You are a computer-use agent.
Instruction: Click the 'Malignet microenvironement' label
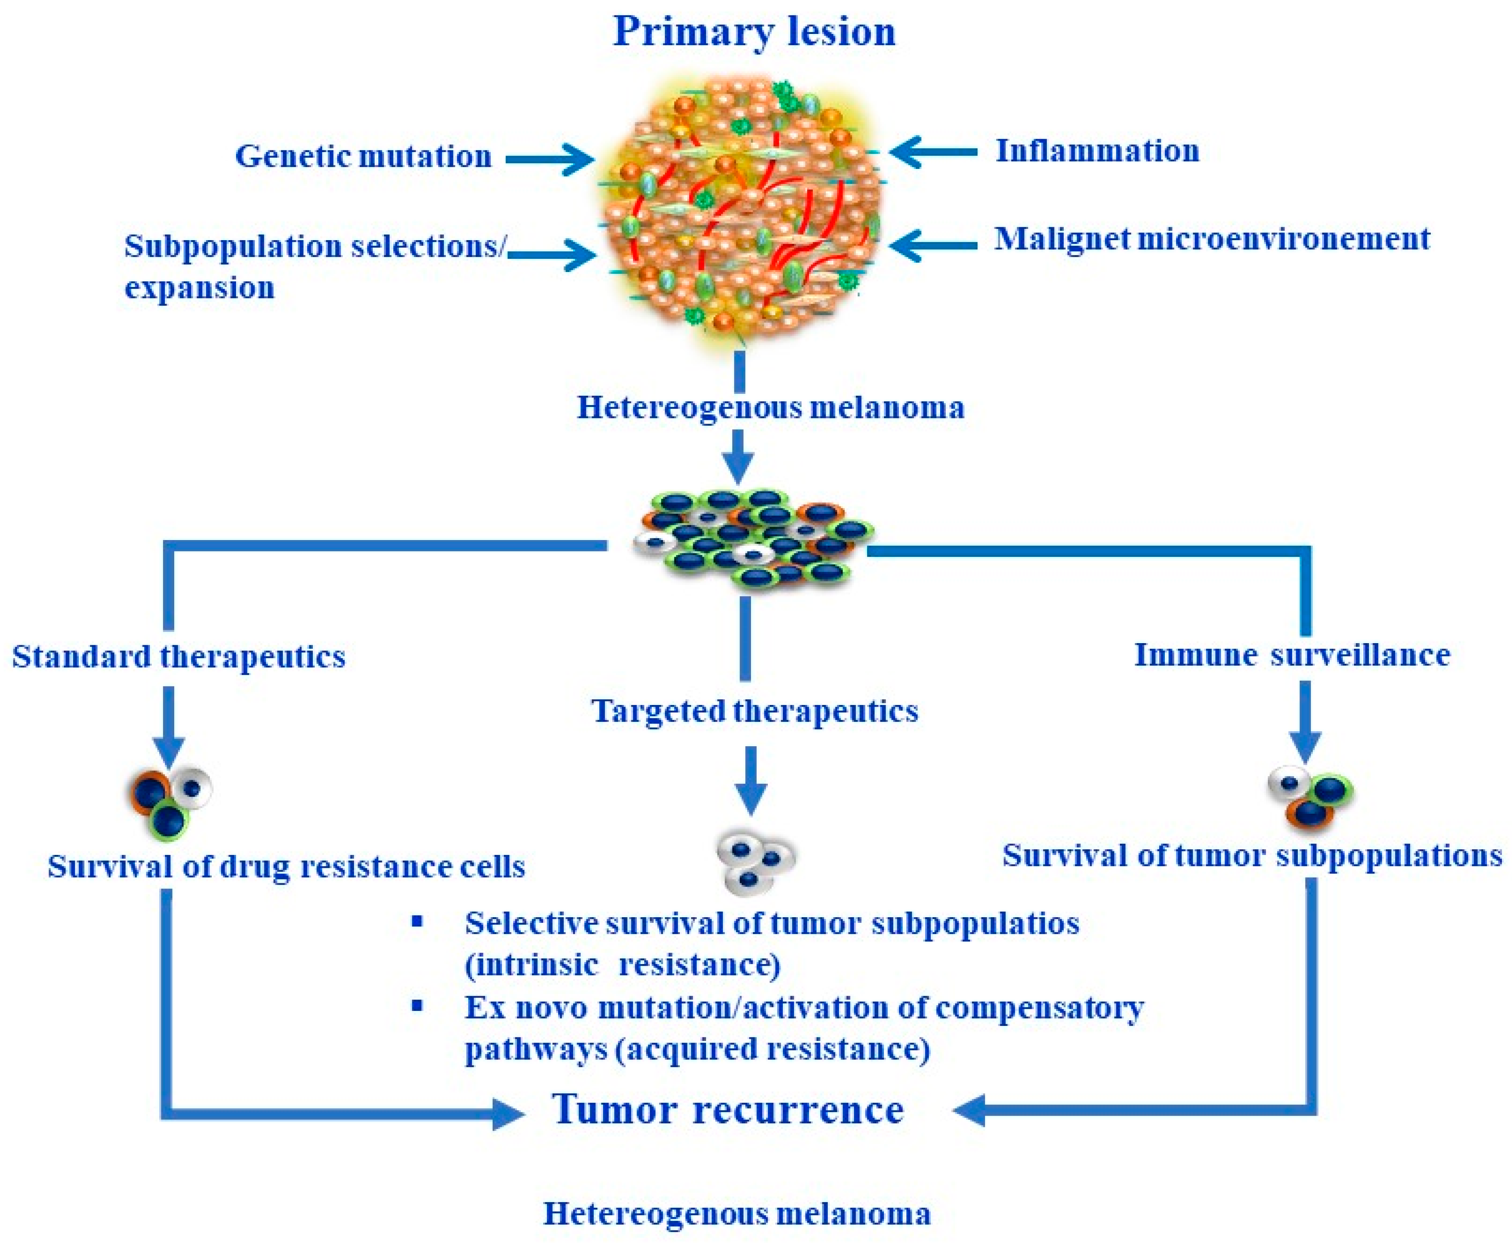pyautogui.click(x=1211, y=239)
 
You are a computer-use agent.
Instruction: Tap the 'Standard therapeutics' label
pyautogui.click(x=179, y=656)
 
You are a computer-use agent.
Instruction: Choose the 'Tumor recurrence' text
pyautogui.click(x=728, y=1110)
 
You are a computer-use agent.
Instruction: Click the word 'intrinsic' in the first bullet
pyautogui.click(x=531, y=965)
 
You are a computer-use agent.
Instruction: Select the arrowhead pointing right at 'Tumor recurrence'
pyautogui.click(x=507, y=1114)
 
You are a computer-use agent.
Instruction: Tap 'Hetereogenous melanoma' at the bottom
pyautogui.click(x=737, y=1213)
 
